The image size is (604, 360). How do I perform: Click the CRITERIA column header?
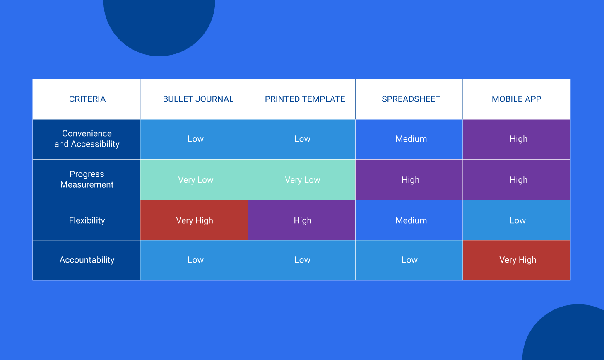[x=87, y=99]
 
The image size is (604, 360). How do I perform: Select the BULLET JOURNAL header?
[x=198, y=99]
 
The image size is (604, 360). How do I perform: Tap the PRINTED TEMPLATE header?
[x=305, y=99]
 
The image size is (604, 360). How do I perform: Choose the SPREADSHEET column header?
[x=411, y=99]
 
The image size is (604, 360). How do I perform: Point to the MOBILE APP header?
[x=516, y=99]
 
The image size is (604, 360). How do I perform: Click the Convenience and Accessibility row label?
[x=87, y=139]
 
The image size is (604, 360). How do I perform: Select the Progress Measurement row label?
[x=87, y=179]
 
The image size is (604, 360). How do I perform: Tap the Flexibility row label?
[x=87, y=220]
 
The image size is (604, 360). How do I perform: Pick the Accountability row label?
[x=87, y=260]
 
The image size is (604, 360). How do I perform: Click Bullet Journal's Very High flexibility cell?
[x=194, y=220]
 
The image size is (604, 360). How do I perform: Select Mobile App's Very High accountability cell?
[x=517, y=260]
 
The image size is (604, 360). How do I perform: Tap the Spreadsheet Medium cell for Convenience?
[x=409, y=140]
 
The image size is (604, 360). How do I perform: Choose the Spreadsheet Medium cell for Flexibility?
[x=409, y=220]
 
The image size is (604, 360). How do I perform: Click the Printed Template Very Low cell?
[x=301, y=180]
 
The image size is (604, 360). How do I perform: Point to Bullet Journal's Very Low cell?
[x=194, y=180]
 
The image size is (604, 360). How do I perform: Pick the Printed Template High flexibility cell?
[x=301, y=220]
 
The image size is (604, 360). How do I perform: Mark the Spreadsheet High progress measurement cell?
[x=409, y=180]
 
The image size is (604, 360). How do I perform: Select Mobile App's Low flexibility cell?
[x=517, y=220]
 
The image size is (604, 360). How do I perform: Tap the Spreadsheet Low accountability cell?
[x=409, y=260]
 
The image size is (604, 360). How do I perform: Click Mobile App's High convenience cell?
[x=517, y=140]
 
